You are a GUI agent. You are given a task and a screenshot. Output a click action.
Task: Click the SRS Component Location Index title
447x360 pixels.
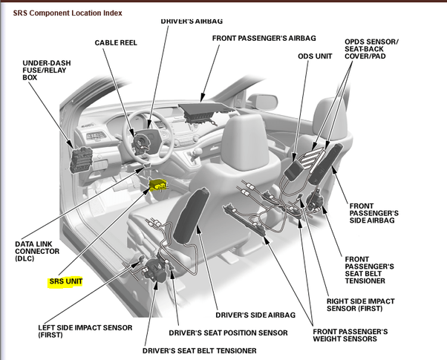click(x=68, y=13)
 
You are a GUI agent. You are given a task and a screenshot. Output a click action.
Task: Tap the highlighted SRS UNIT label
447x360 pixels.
click(x=65, y=282)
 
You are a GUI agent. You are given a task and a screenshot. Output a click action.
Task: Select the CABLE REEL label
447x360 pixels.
click(x=117, y=43)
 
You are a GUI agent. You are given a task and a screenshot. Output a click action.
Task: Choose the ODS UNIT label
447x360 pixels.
click(x=315, y=56)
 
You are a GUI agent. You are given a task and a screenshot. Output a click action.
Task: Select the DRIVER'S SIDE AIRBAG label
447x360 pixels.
click(x=250, y=315)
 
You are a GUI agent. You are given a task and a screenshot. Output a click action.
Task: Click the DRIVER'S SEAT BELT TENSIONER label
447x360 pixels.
click(x=200, y=350)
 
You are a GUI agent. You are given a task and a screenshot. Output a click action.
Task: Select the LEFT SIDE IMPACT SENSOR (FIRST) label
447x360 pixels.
click(x=85, y=330)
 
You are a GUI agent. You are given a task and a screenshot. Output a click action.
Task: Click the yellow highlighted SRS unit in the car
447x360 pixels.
click(x=159, y=185)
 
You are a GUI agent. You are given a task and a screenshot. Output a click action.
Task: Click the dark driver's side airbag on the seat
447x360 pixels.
click(x=189, y=219)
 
